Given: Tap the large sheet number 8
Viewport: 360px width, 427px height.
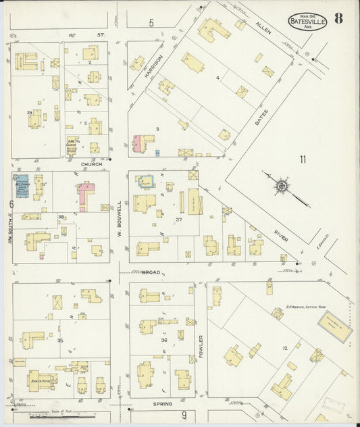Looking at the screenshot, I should coord(337,18).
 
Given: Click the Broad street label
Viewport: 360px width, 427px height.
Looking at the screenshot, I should coord(151,272).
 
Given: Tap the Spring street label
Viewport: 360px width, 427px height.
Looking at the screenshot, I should coord(162,404).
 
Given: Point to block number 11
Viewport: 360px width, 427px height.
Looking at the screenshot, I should coord(303,159).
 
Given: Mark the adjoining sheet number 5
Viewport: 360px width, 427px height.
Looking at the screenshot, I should coord(151,24).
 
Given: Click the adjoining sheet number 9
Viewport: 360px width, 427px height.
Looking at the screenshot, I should coord(183,414).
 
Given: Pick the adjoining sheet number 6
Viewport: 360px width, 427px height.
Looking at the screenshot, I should coord(11,203).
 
